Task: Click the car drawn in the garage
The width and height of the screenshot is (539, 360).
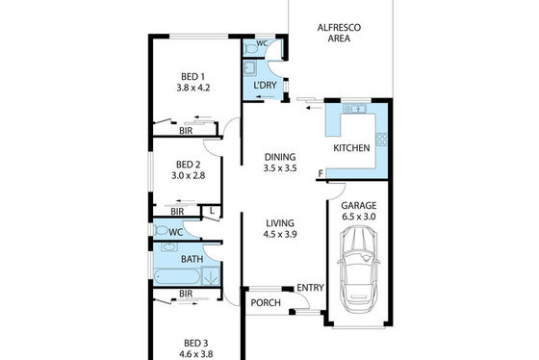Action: click(358, 270)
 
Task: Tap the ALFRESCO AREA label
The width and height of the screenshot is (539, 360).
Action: click(339, 33)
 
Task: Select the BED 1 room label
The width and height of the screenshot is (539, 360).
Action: click(192, 76)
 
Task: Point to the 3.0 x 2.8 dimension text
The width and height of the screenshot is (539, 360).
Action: click(189, 176)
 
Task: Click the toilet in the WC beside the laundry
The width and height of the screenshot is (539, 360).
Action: click(250, 49)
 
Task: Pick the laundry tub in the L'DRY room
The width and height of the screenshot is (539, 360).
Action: click(249, 67)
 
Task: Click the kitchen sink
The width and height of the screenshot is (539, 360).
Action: click(355, 109)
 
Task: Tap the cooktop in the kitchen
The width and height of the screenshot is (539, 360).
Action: click(382, 139)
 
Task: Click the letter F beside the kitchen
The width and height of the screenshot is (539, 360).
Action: click(321, 173)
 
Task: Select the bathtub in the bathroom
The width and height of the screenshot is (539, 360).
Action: click(177, 277)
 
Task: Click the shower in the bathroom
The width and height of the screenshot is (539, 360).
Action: click(211, 276)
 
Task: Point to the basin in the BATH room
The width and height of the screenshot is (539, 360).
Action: click(169, 247)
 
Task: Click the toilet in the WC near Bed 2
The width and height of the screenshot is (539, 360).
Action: click(161, 230)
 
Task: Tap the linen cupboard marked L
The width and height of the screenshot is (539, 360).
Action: click(212, 212)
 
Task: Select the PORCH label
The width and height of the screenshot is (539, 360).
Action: click(266, 303)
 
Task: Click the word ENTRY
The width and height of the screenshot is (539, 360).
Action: click(310, 288)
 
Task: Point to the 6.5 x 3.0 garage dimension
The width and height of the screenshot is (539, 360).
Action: click(358, 217)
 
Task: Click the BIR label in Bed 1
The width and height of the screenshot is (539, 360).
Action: click(186, 131)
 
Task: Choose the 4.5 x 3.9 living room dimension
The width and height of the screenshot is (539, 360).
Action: click(280, 235)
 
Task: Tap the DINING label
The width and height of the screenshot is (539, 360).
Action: click(280, 157)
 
